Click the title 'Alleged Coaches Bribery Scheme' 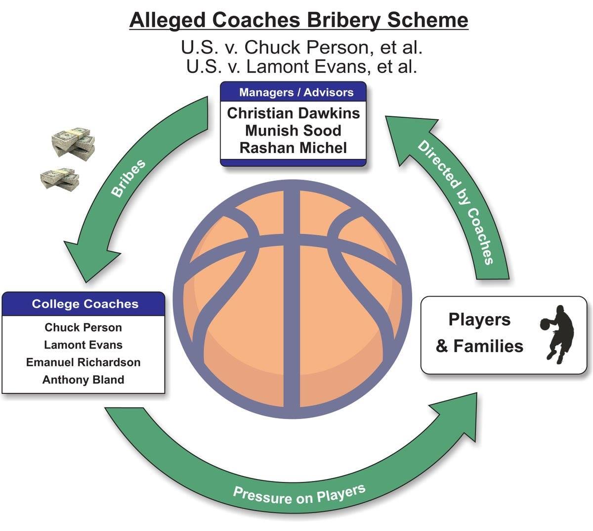click(298, 20)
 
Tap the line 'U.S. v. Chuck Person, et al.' click(301, 48)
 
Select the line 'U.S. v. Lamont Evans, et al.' click(301, 66)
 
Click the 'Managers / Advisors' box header click(296, 92)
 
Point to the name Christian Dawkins click(294, 113)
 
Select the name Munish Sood click(294, 131)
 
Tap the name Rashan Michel click(294, 148)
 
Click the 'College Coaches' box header click(85, 303)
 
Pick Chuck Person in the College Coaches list click(83, 328)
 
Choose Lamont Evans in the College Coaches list click(83, 345)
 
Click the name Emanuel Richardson click(83, 362)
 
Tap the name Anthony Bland click(83, 380)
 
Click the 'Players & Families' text click(479, 333)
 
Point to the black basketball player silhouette click(557, 335)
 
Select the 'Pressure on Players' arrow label click(299, 494)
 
